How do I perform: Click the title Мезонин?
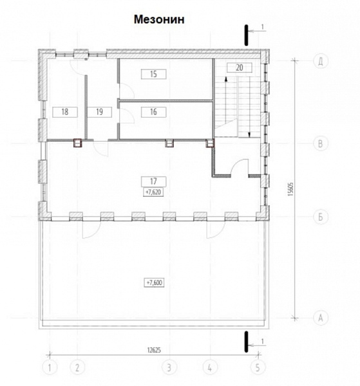[x=159, y=19]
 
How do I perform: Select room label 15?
[x=153, y=74]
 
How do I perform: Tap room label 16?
[x=153, y=112]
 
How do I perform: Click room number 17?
[x=153, y=181]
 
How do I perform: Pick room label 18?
[x=65, y=112]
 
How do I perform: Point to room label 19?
[x=100, y=112]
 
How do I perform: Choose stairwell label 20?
[x=240, y=68]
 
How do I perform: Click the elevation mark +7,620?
[x=153, y=192]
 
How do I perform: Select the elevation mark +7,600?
[x=155, y=282]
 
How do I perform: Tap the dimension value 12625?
[x=154, y=350]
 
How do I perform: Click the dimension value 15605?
[x=291, y=189]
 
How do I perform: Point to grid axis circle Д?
[x=321, y=61]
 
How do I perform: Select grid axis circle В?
[x=321, y=143]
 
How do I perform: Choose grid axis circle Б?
[x=321, y=217]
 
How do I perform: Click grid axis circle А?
[x=321, y=318]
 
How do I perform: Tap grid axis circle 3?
[x=169, y=368]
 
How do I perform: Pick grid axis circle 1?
[x=50, y=368]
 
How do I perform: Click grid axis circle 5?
[x=258, y=368]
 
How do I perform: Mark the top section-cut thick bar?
[x=246, y=35]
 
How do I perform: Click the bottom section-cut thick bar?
[x=246, y=342]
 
